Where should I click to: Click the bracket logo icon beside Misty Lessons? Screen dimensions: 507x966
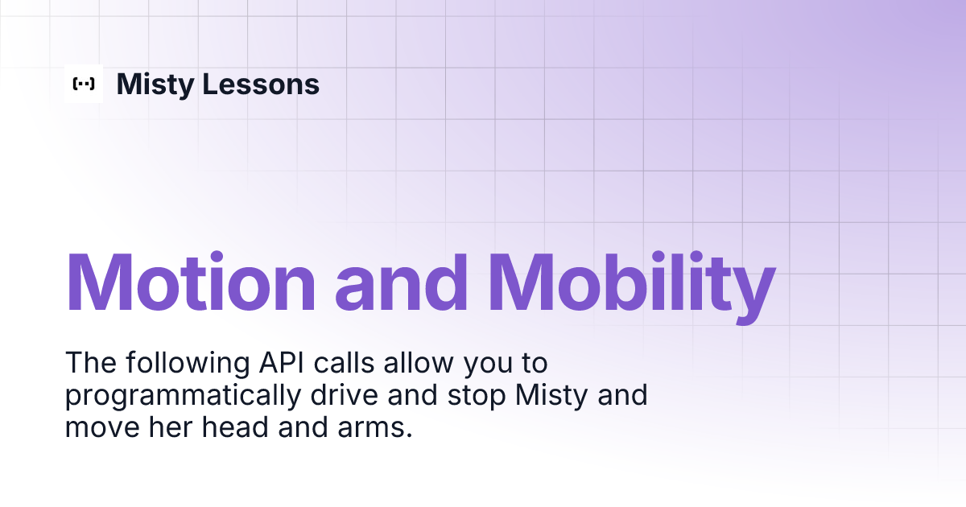84,84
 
